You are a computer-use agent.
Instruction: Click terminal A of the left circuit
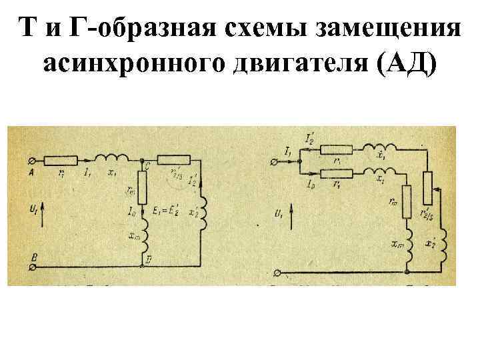32,161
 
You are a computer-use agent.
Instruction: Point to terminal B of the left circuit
32,266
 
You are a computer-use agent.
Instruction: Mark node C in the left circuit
143,161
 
